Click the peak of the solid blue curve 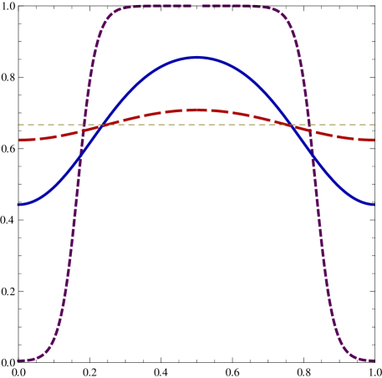tap(197, 58)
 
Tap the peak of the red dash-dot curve tap(197, 110)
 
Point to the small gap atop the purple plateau tap(196, 7)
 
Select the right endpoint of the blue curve tap(373, 204)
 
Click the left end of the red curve tap(19, 140)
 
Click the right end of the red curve tap(373, 140)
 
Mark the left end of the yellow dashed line tap(19, 125)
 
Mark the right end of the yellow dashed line tap(374, 125)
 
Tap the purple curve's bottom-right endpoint tap(373, 360)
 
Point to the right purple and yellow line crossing tap(308, 125)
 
